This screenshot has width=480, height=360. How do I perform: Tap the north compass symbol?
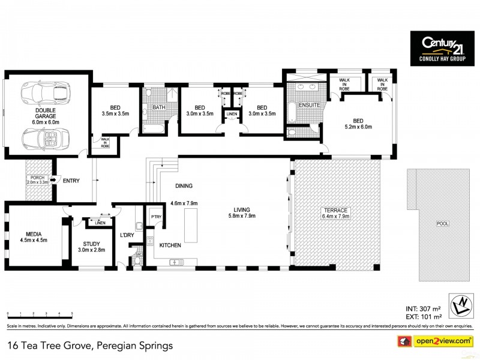point(460,305)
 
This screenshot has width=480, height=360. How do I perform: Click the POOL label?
point(442,224)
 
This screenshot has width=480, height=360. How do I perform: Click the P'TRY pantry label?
point(156,217)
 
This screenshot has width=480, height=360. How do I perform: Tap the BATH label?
point(158,108)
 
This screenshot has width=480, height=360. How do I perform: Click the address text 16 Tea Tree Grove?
point(54,346)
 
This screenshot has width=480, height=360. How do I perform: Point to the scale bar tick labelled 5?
point(73,314)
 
